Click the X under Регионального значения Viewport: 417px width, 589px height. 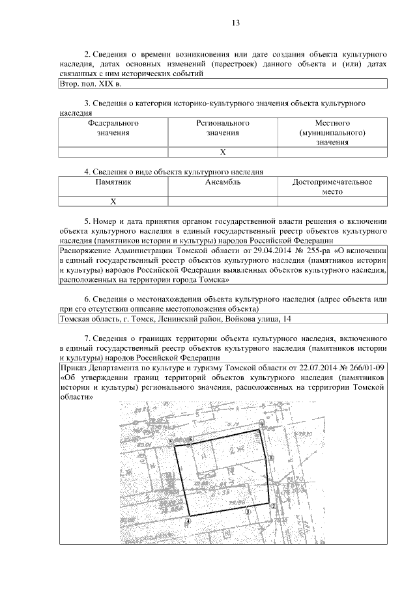pyautogui.click(x=222, y=152)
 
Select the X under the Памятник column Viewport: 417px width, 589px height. pyautogui.click(x=113, y=202)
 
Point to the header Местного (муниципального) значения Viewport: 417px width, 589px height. pyautogui.click(x=332, y=132)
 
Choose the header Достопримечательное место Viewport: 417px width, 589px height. pyautogui.click(x=332, y=187)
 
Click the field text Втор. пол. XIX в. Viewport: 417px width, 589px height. pyautogui.click(x=90, y=85)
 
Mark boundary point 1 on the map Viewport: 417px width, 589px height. pyautogui.click(x=271, y=458)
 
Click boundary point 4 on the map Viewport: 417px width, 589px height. pyautogui.click(x=188, y=521)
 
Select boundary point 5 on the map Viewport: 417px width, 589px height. pyautogui.click(x=171, y=442)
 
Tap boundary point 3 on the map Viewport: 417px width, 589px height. pyautogui.click(x=247, y=512)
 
